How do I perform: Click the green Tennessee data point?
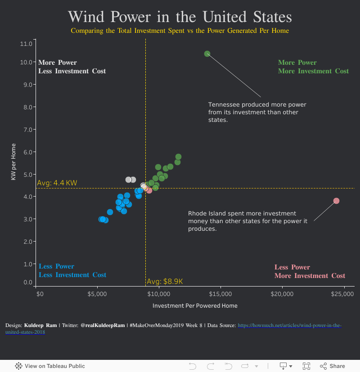click(207, 54)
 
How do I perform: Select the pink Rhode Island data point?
click(336, 201)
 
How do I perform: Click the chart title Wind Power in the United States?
click(180, 17)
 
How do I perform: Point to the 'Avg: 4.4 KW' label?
click(57, 183)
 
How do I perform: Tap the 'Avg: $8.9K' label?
click(165, 282)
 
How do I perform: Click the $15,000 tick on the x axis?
click(220, 294)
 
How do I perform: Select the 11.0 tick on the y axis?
click(26, 44)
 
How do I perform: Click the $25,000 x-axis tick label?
click(342, 294)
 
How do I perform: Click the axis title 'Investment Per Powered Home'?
click(195, 306)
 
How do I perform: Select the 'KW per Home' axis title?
click(13, 162)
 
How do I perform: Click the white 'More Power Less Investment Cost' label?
click(72, 67)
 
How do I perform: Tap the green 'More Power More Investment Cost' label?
click(313, 67)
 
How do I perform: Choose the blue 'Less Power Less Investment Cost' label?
click(72, 271)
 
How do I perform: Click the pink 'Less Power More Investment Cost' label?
click(310, 272)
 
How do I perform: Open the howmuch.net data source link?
click(289, 325)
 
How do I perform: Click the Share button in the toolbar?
click(333, 366)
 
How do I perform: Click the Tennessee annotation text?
click(257, 112)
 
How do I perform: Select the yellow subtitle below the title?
click(180, 31)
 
